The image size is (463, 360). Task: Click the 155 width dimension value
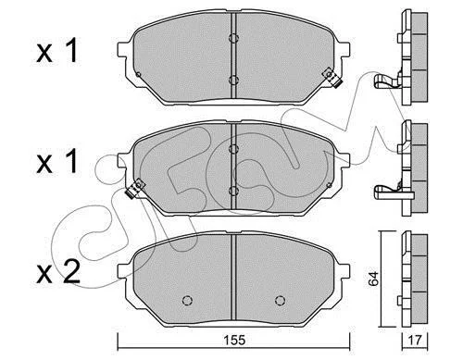click(x=234, y=340)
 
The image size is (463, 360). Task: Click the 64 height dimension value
click(x=373, y=279)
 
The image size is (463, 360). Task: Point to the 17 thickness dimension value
click(x=415, y=341)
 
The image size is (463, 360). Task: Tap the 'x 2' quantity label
click(x=58, y=272)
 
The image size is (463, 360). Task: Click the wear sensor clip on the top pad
click(x=332, y=78)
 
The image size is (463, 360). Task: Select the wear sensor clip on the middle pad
click(x=135, y=189)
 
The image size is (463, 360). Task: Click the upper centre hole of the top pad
click(x=233, y=38)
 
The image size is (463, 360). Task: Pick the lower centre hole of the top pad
click(x=233, y=80)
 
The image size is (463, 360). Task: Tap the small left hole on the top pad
click(x=138, y=74)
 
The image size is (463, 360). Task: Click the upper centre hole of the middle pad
click(x=233, y=149)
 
